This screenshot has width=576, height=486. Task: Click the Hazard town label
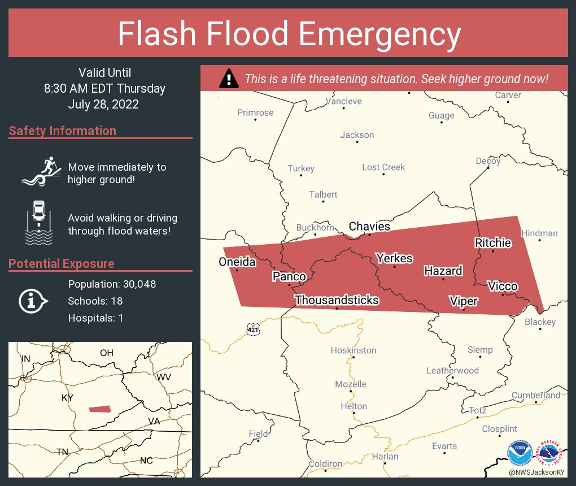(x=443, y=271)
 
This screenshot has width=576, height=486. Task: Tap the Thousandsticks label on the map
(x=337, y=300)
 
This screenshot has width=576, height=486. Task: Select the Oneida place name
(x=237, y=262)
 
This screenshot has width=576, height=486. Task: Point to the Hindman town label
(x=539, y=233)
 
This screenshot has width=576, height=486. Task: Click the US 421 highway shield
(x=252, y=328)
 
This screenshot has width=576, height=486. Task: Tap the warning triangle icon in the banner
(x=229, y=79)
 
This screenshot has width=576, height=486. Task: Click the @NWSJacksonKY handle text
(x=537, y=472)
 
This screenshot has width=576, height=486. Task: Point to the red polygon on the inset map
(x=100, y=409)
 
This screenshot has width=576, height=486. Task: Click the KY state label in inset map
(x=67, y=398)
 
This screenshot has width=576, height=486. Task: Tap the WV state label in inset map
(x=164, y=377)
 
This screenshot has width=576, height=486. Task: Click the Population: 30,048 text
(x=112, y=284)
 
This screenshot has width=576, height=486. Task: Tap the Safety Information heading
(x=63, y=131)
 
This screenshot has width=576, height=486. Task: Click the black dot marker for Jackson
(x=357, y=142)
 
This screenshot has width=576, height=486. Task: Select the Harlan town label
(x=385, y=456)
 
